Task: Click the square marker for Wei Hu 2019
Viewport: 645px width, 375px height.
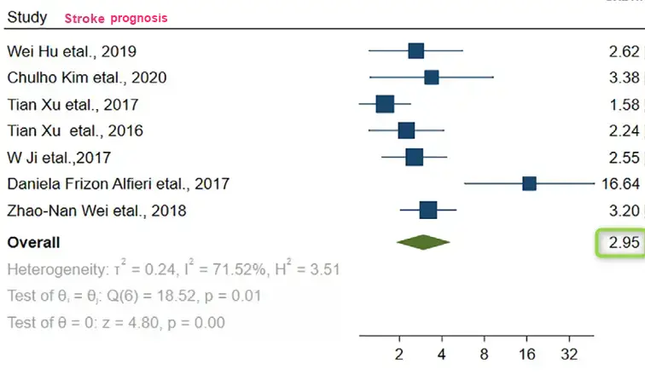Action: pyautogui.click(x=415, y=51)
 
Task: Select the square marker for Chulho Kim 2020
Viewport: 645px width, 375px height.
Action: pyautogui.click(x=431, y=78)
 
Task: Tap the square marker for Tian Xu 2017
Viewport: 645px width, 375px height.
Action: pyautogui.click(x=385, y=105)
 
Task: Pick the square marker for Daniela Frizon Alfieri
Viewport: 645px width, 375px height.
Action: pyautogui.click(x=529, y=183)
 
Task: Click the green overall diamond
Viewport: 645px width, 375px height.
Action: pyautogui.click(x=423, y=242)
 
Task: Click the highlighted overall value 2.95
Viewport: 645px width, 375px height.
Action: pyautogui.click(x=624, y=243)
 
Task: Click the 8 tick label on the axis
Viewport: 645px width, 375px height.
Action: pyautogui.click(x=484, y=354)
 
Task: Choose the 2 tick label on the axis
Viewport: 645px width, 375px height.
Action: pyautogui.click(x=399, y=354)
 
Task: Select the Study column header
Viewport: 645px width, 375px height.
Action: pyautogui.click(x=27, y=17)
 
